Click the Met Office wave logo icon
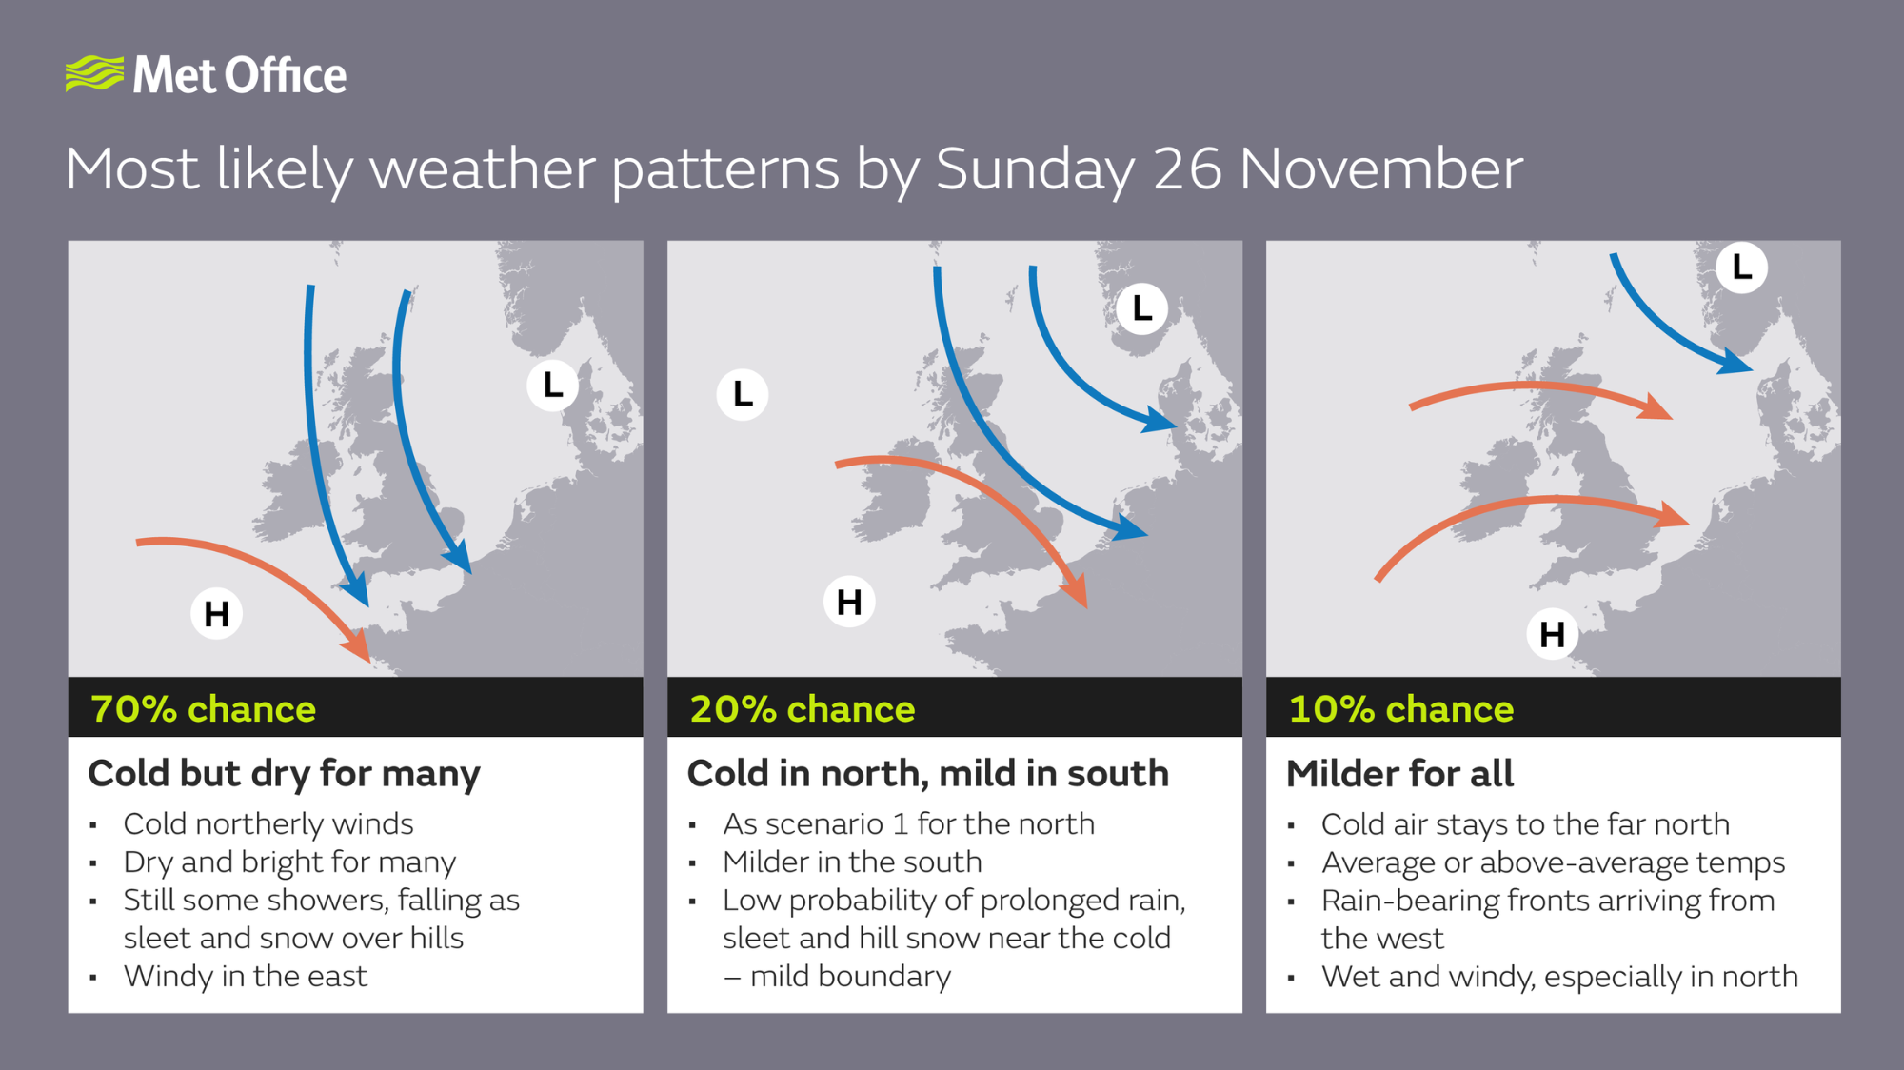[x=94, y=73]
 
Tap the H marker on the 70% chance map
[x=217, y=613]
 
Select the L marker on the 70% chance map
[x=553, y=386]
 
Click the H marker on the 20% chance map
[x=849, y=602]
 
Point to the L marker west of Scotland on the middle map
[x=743, y=394]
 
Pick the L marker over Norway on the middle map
[x=1141, y=308]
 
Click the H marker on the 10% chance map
[x=1552, y=634]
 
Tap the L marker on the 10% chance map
[x=1741, y=267]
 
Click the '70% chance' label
[x=203, y=709]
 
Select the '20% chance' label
[x=802, y=709]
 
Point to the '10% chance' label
[x=1400, y=709]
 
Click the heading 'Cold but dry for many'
[x=284, y=774]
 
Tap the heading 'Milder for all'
[x=1399, y=773]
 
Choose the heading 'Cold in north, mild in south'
[x=927, y=773]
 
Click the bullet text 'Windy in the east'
[x=245, y=976]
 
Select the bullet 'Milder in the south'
[x=852, y=862]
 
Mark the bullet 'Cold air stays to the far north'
[x=1525, y=823]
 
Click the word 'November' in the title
[x=1381, y=169]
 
